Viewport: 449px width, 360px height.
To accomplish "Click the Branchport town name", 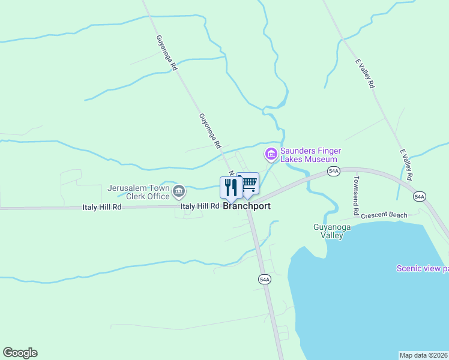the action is (247, 206).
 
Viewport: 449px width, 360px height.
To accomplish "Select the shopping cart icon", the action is (249, 182).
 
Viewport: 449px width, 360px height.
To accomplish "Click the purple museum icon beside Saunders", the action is (271, 155).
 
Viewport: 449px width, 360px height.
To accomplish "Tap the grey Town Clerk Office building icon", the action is (179, 192).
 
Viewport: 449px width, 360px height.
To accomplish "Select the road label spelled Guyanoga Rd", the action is (166, 53).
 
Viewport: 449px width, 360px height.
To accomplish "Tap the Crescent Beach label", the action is (384, 215).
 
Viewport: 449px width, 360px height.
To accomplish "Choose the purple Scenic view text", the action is (422, 268).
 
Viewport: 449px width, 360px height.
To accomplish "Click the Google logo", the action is (20, 353).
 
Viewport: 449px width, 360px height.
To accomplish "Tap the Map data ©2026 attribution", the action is (424, 355).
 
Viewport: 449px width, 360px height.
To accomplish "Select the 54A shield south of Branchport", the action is (265, 279).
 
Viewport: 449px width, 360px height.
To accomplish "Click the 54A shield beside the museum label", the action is (334, 172).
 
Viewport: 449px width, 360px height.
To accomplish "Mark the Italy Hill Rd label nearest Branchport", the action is (200, 206).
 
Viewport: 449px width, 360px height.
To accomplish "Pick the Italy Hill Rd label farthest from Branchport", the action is (101, 207).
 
